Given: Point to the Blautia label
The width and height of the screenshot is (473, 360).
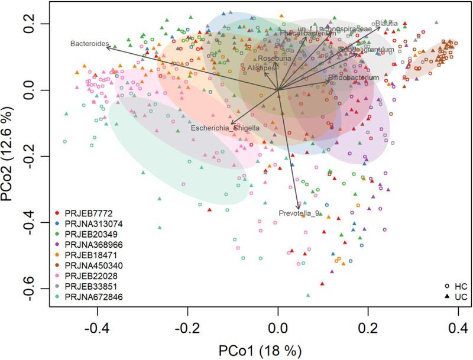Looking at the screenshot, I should pyautogui.click(x=386, y=22).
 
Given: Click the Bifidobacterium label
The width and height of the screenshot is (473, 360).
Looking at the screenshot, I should pyautogui.click(x=353, y=77).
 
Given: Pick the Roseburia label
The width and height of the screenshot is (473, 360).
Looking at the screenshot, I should pyautogui.click(x=271, y=58).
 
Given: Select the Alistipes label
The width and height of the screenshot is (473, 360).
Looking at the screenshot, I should pyautogui.click(x=261, y=69).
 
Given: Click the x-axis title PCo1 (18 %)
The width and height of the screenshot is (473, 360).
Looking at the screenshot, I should pyautogui.click(x=278, y=348).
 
